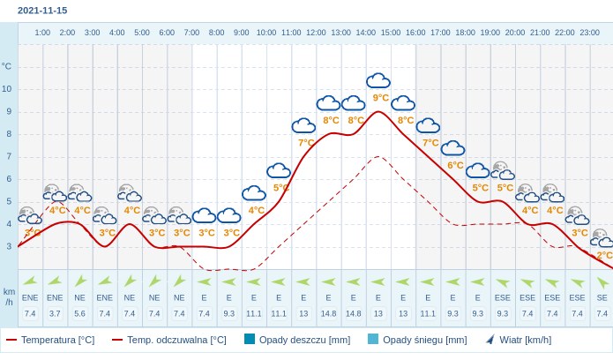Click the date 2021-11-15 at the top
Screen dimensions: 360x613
point(42,11)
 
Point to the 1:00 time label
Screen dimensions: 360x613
point(42,33)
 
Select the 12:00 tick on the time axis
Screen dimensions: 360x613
point(316,33)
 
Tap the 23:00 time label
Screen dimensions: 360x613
point(589,33)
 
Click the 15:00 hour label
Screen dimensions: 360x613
point(390,33)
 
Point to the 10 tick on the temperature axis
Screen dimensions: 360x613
point(7,88)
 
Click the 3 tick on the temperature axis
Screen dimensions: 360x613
point(7,246)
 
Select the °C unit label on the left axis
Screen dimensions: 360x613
point(7,66)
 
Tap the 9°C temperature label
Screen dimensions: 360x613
point(381,98)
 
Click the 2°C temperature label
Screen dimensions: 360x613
point(604,255)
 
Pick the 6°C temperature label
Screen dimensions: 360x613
point(455,165)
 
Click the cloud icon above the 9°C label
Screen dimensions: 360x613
point(378,81)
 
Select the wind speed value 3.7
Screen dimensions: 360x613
point(55,313)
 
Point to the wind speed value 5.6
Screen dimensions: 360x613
point(80,313)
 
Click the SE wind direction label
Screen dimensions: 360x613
point(602,297)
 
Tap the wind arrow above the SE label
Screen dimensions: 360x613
point(602,282)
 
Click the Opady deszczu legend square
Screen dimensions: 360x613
point(250,339)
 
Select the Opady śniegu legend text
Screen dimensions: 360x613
point(424,340)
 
